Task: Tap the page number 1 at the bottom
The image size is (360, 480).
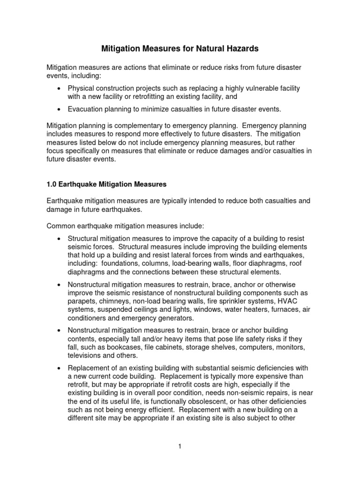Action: coord(180,447)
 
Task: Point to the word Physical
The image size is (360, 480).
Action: coord(81,88)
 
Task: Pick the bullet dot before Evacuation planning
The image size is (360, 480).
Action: coord(58,109)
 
